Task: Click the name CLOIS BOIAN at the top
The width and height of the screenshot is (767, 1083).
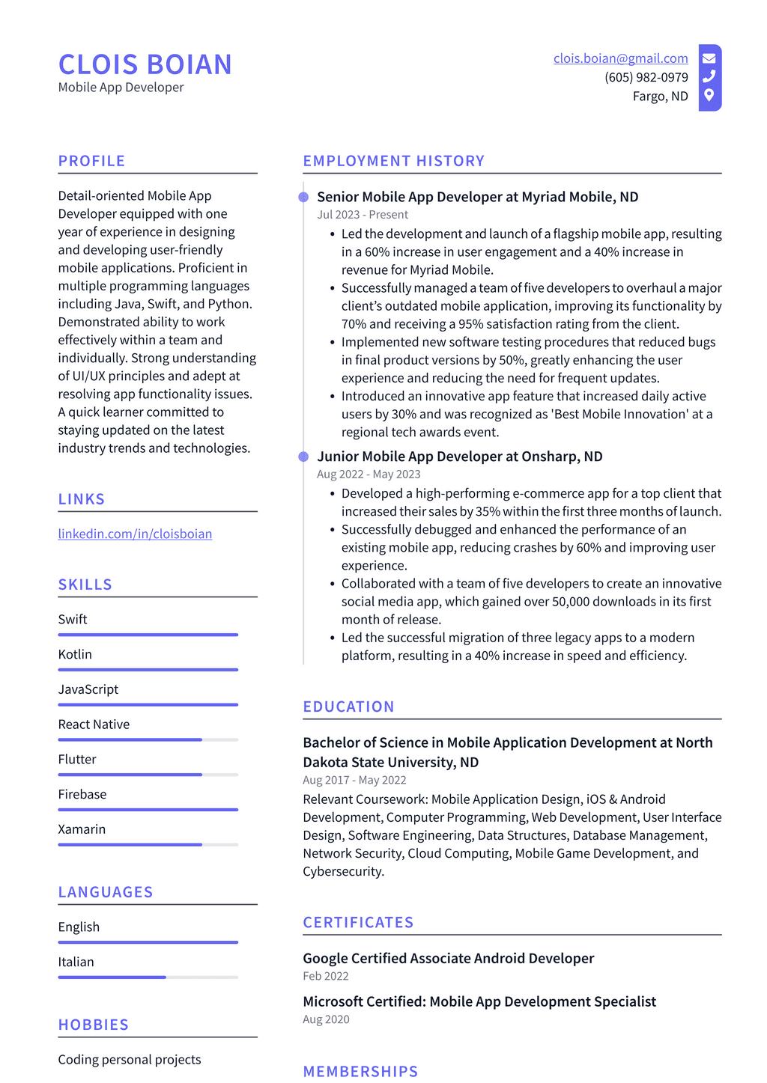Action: [145, 64]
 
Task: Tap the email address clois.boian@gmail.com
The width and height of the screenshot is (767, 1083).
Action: [620, 58]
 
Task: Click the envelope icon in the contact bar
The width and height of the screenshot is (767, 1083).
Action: [709, 58]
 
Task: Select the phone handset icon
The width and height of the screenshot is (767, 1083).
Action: [709, 76]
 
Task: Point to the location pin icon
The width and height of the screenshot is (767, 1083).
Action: [709, 95]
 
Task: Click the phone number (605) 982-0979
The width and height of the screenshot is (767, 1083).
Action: [646, 77]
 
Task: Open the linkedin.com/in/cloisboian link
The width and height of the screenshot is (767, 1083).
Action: [135, 534]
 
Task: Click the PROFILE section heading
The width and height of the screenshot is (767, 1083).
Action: [91, 161]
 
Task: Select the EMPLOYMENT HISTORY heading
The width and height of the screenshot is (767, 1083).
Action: [393, 161]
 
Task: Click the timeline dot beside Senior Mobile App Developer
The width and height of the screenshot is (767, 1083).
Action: [303, 197]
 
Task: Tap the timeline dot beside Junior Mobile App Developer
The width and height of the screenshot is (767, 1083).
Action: [303, 457]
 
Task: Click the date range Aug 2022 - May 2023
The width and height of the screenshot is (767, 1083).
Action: [369, 475]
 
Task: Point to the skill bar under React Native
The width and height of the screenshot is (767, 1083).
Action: [148, 739]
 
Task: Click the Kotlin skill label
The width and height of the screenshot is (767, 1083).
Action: [75, 654]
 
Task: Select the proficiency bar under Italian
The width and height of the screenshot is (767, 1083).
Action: [148, 977]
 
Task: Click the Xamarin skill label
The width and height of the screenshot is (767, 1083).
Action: [82, 829]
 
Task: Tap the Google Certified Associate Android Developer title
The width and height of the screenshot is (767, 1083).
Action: [448, 958]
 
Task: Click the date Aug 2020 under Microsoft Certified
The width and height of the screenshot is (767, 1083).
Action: [326, 1019]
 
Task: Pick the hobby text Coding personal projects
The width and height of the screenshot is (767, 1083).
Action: [130, 1059]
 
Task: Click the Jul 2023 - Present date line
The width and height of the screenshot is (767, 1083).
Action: [363, 215]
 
